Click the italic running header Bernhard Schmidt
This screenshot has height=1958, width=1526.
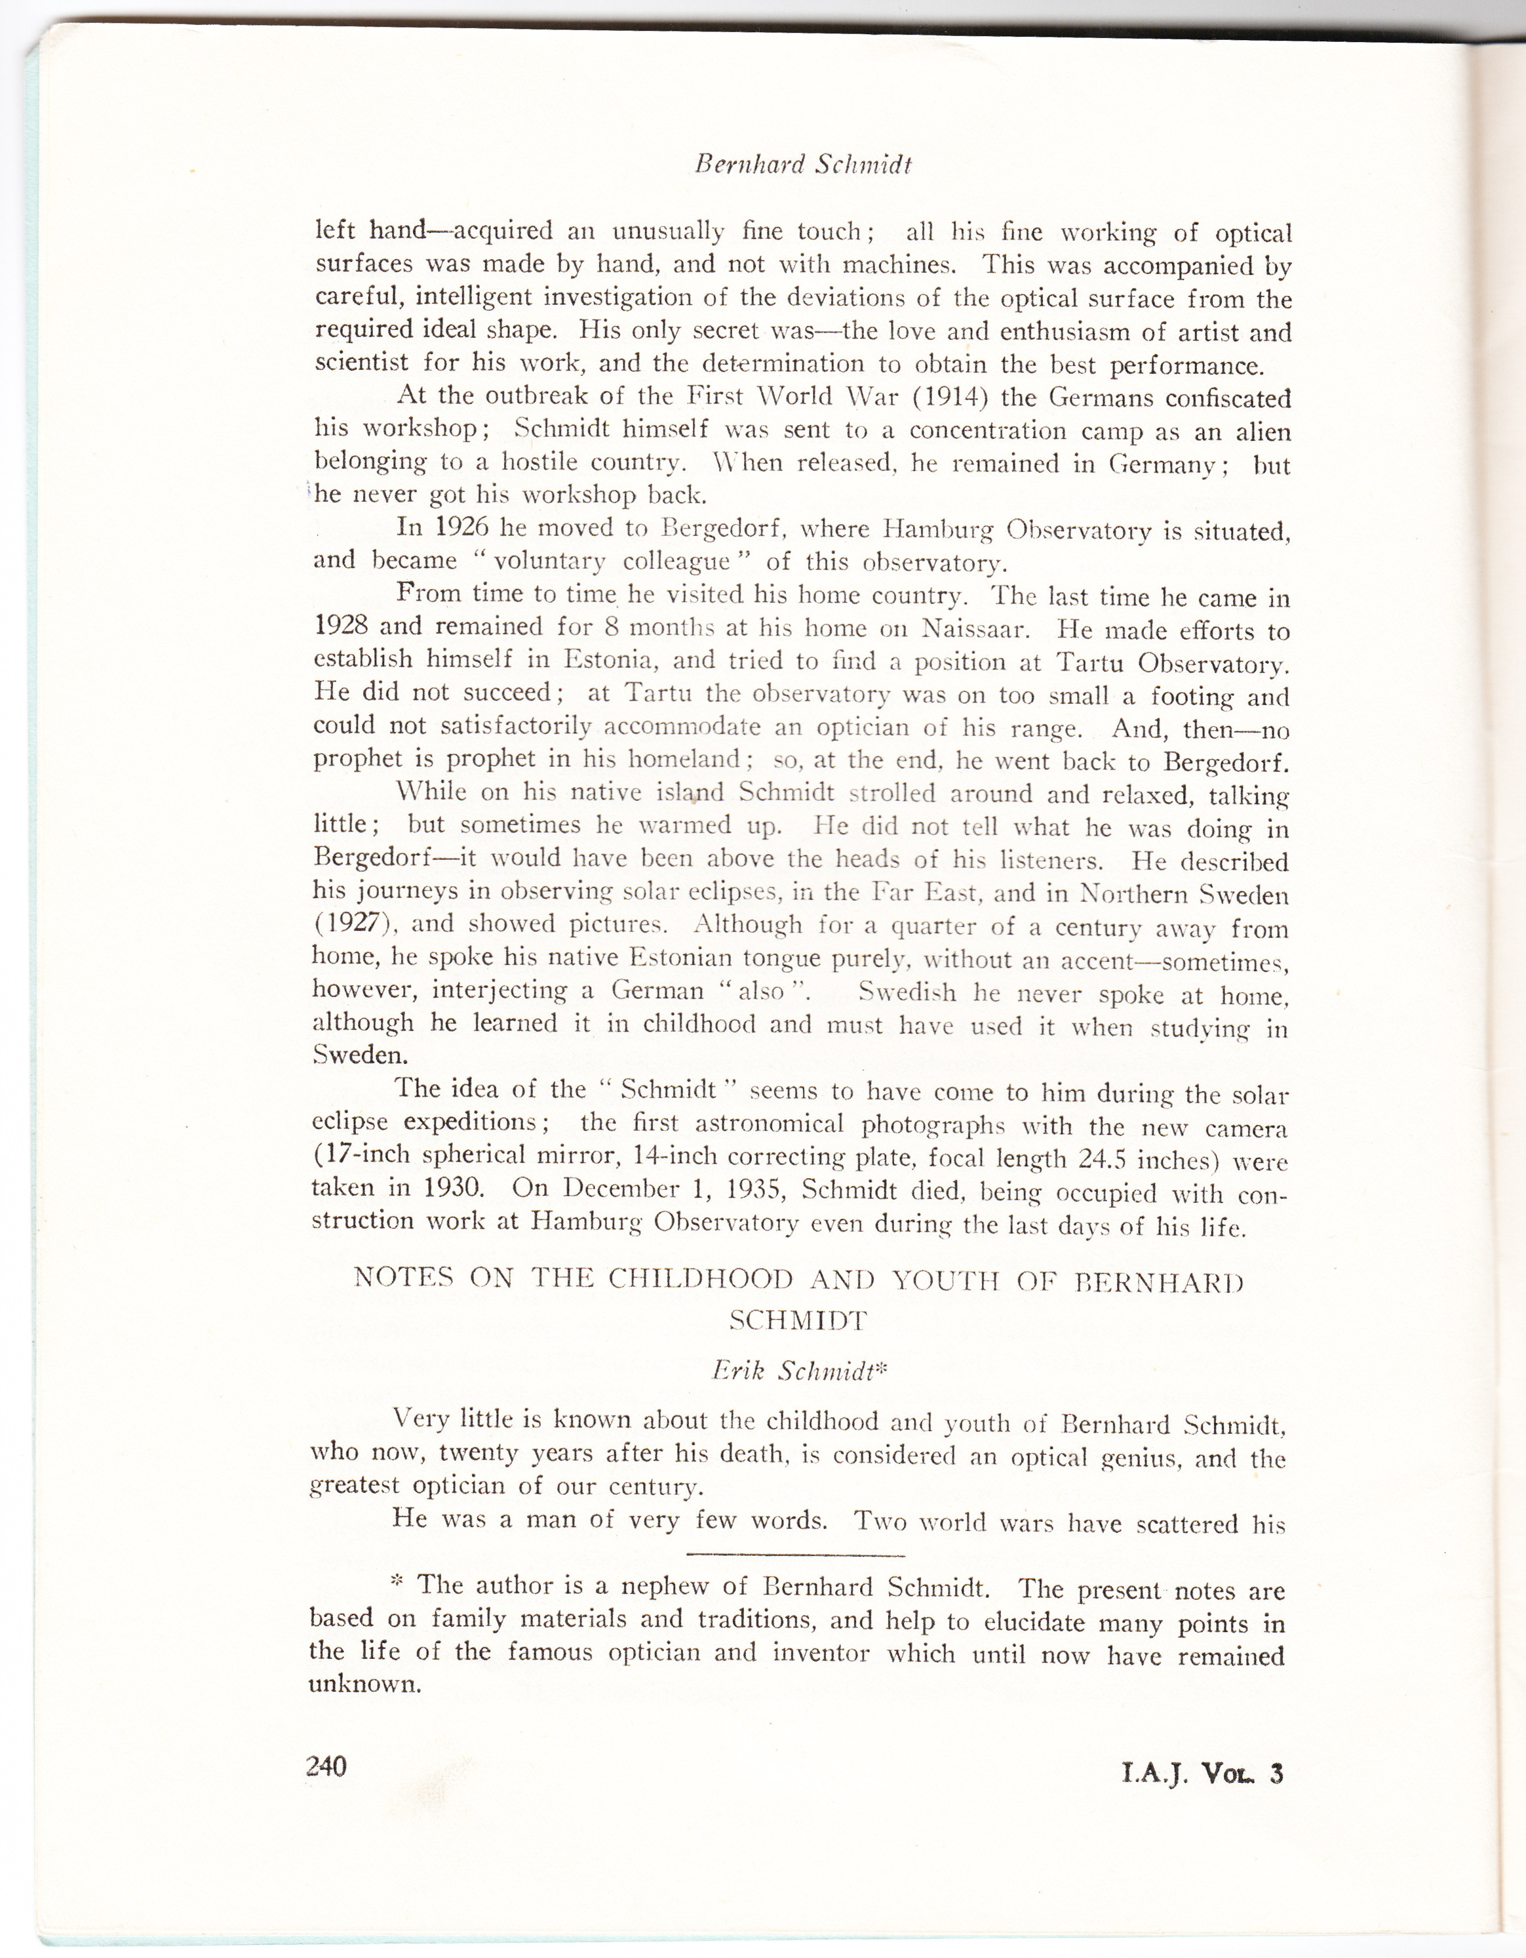[x=803, y=165]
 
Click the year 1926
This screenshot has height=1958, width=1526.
[x=451, y=527]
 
